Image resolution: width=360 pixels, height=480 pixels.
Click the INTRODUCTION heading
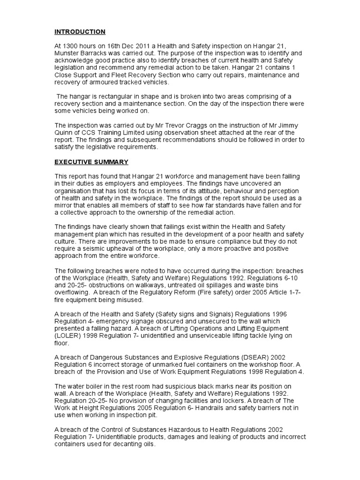(x=80, y=32)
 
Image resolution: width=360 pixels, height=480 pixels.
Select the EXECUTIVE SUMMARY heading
(x=91, y=162)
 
